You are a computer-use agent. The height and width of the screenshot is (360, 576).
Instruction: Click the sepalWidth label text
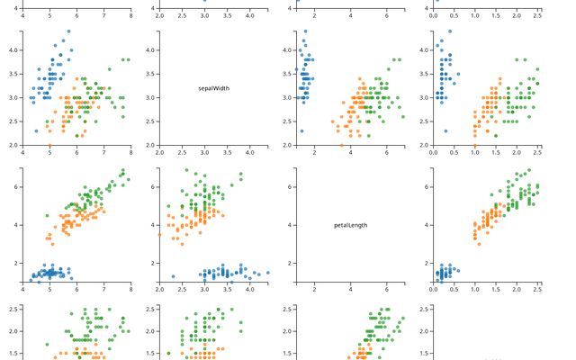click(215, 88)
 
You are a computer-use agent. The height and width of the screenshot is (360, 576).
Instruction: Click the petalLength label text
click(350, 225)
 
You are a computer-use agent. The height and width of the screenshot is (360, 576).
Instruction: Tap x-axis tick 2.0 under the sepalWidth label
click(159, 153)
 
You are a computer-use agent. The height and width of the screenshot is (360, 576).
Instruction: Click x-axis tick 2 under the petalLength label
click(314, 290)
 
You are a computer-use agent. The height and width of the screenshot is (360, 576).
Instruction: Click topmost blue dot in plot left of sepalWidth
click(68, 31)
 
